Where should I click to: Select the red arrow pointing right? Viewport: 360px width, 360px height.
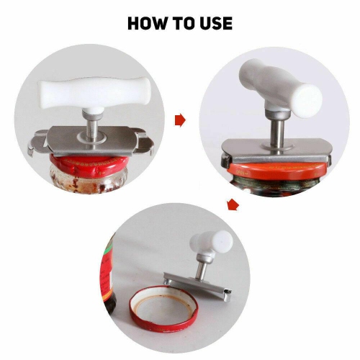180,120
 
